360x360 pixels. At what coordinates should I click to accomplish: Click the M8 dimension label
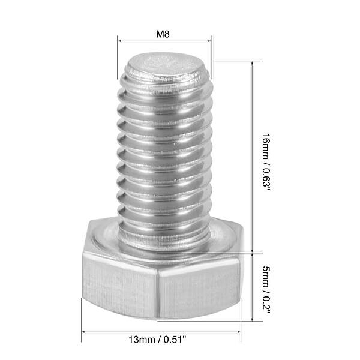click(x=163, y=34)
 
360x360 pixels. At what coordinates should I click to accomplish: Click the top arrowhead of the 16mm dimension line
click(x=251, y=63)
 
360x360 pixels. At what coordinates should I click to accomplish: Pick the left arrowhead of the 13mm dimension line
click(x=84, y=332)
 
